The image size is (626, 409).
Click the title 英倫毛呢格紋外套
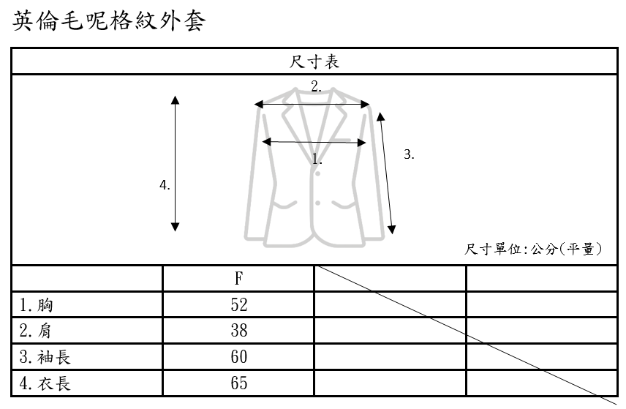click(x=110, y=21)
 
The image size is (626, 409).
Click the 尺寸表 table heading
click(x=314, y=62)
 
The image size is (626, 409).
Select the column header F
click(x=238, y=279)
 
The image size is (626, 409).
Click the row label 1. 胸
click(x=37, y=305)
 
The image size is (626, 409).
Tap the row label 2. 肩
click(x=37, y=331)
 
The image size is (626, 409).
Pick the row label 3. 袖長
click(x=45, y=357)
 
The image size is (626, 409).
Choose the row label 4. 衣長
click(x=45, y=383)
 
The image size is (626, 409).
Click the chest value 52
click(x=238, y=305)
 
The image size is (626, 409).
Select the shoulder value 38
click(x=238, y=331)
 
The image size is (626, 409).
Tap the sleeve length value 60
click(x=238, y=357)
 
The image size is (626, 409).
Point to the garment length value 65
click(x=238, y=383)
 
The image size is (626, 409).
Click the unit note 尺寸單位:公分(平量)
click(x=534, y=249)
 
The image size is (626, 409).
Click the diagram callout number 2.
click(x=316, y=86)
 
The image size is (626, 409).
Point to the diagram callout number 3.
click(x=409, y=154)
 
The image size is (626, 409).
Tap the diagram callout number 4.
click(x=165, y=185)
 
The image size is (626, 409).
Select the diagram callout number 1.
click(x=317, y=158)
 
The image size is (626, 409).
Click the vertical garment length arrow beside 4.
click(x=176, y=163)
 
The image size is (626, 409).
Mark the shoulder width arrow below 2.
click(x=312, y=105)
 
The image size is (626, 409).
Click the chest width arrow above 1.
click(x=314, y=142)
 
